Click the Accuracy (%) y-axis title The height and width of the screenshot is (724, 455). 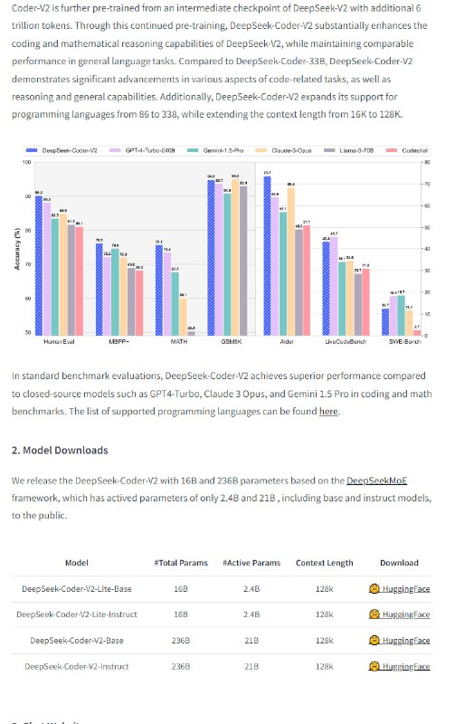(18, 248)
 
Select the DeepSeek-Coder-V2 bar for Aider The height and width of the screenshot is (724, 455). (267, 256)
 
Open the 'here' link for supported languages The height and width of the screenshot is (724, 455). (328, 411)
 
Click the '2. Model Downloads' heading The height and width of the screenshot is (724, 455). (60, 450)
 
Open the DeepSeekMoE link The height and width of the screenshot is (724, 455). (380, 481)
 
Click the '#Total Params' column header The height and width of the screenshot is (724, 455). (181, 562)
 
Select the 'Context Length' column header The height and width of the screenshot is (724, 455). (324, 562)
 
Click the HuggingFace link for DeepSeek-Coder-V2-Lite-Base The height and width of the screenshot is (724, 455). (399, 589)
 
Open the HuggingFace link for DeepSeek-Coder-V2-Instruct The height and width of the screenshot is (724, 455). (399, 667)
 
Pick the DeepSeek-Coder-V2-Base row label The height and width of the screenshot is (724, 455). (77, 641)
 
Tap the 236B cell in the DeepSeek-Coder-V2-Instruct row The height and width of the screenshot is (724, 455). (181, 667)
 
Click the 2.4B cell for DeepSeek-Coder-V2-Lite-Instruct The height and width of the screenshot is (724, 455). (251, 614)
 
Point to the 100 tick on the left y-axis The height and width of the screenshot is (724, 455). (27, 163)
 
